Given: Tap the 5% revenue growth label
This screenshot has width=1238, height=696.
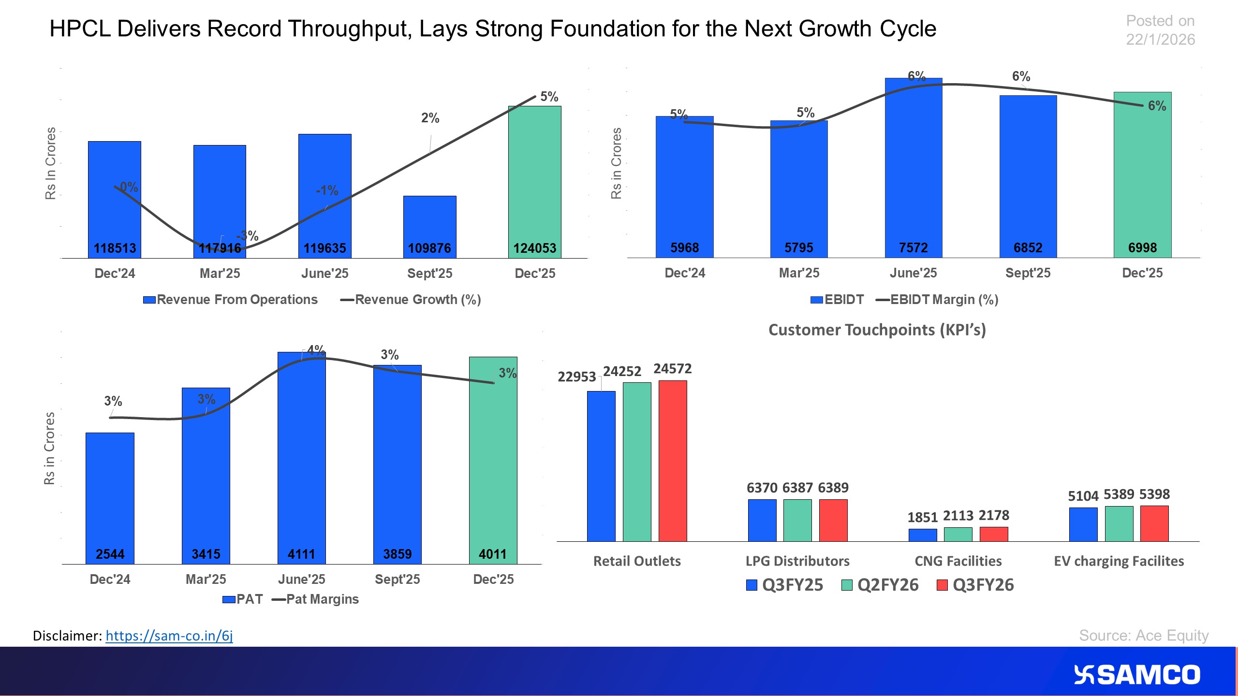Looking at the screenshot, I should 549,97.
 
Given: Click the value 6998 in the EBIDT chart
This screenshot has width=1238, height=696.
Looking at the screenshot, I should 1142,248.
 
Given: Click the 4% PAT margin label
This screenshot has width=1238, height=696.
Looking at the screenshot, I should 316,349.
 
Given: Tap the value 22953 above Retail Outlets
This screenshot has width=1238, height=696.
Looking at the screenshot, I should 576,377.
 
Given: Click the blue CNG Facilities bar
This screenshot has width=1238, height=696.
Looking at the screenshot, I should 923,535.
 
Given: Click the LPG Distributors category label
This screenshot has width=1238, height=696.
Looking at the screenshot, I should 797,561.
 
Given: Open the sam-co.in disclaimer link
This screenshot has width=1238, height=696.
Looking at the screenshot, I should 169,636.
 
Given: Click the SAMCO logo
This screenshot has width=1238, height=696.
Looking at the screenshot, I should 1136,675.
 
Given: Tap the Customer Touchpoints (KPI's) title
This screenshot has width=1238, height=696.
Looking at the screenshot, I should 877,330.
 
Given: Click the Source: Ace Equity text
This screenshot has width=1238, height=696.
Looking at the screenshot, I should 1144,635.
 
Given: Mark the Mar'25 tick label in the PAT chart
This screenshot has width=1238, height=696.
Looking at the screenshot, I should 206,579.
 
